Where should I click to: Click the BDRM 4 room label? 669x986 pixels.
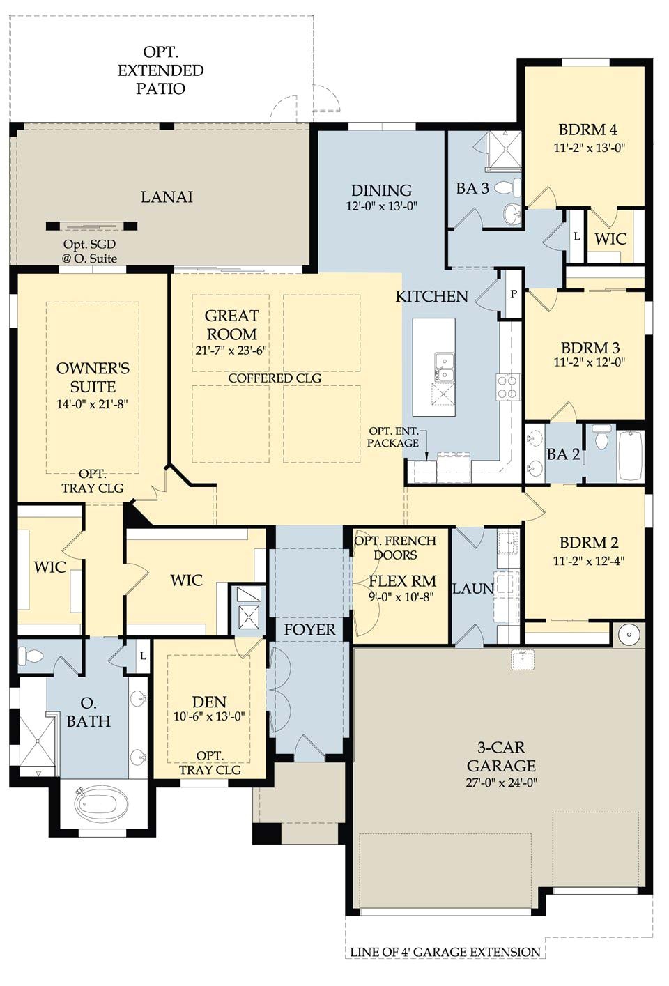587,130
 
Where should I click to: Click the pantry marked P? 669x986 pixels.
514,293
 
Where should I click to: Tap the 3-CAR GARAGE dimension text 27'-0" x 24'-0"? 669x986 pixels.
501,783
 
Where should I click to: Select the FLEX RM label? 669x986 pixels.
402,581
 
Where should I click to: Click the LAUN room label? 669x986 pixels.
472,589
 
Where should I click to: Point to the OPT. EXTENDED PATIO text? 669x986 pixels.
160,70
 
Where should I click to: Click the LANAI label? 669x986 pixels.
167,197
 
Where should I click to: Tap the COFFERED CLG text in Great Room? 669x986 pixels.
275,378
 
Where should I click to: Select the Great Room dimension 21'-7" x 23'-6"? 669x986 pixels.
231,351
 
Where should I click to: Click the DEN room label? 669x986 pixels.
209,702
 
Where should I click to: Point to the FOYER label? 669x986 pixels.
309,629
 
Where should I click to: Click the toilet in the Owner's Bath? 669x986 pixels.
30,656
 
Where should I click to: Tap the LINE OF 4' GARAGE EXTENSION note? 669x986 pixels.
445,952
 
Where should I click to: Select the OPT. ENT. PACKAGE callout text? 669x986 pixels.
393,437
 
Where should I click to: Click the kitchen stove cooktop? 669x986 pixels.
508,387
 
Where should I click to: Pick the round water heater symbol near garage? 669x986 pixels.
629,635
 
